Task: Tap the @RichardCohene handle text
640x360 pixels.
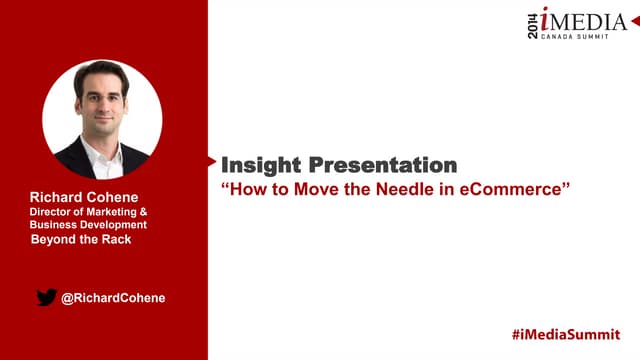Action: click(x=112, y=297)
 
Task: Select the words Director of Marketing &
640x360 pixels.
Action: click(x=89, y=212)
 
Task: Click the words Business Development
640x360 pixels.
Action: click(x=88, y=225)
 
